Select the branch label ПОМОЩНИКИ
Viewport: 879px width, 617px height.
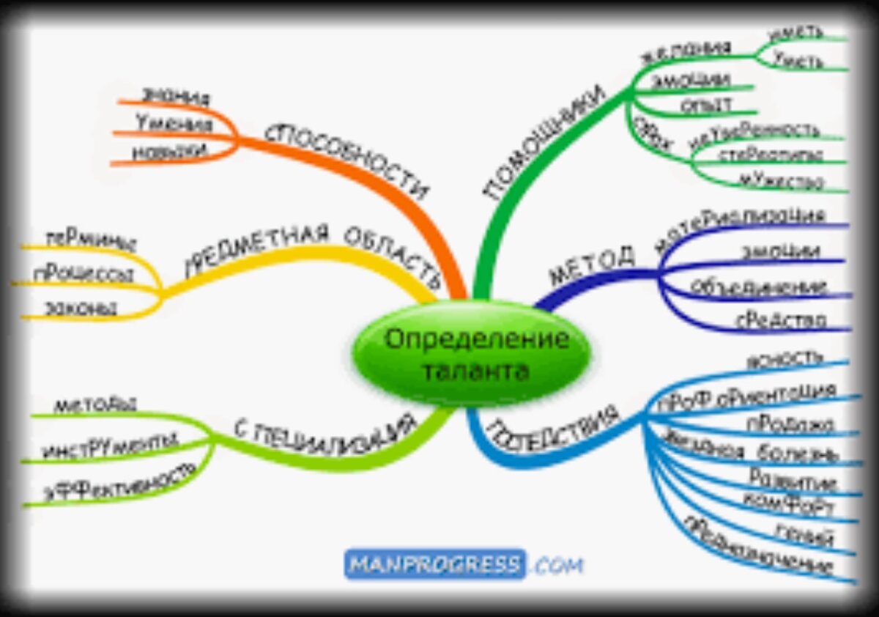pyautogui.click(x=546, y=142)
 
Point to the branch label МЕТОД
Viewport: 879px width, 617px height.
pyautogui.click(x=592, y=267)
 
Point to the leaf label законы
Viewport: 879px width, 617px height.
pyautogui.click(x=81, y=308)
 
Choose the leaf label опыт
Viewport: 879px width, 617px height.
pyautogui.click(x=706, y=105)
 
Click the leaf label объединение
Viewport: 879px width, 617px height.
pyautogui.click(x=781, y=285)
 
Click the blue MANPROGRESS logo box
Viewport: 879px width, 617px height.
pyautogui.click(x=435, y=564)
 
